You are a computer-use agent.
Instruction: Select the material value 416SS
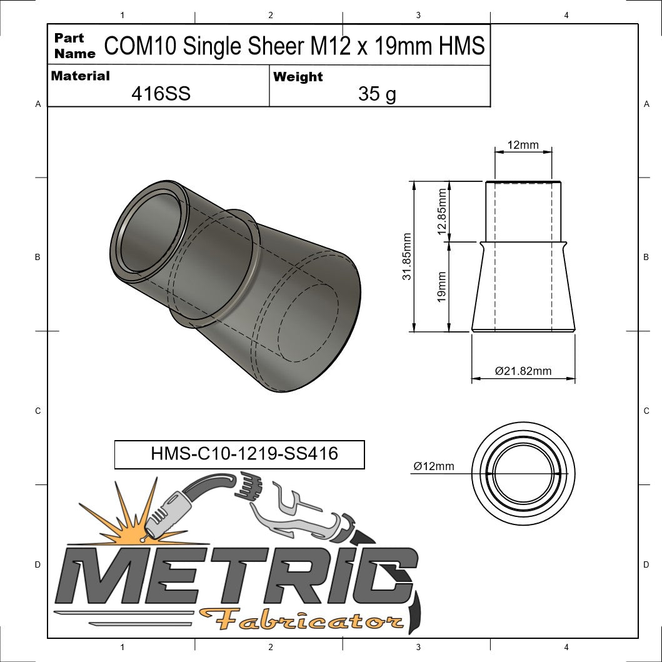[x=161, y=94]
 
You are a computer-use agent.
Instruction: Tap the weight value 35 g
[x=377, y=94]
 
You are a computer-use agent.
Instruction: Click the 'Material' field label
[x=80, y=76]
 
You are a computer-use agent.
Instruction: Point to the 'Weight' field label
[x=298, y=77]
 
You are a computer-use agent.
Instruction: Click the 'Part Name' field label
[x=74, y=46]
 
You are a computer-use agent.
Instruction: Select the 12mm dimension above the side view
[x=523, y=145]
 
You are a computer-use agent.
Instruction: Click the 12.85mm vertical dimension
[x=443, y=212]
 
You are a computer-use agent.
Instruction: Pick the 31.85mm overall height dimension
[x=407, y=256]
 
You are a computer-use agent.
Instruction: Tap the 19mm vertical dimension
[x=442, y=287]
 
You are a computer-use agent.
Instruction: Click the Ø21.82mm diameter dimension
[x=523, y=371]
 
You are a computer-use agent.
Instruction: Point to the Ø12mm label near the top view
[x=433, y=466]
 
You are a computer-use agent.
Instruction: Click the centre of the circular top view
[x=523, y=473]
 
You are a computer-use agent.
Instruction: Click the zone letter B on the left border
[x=38, y=257]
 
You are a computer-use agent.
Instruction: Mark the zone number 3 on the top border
[x=418, y=15]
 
